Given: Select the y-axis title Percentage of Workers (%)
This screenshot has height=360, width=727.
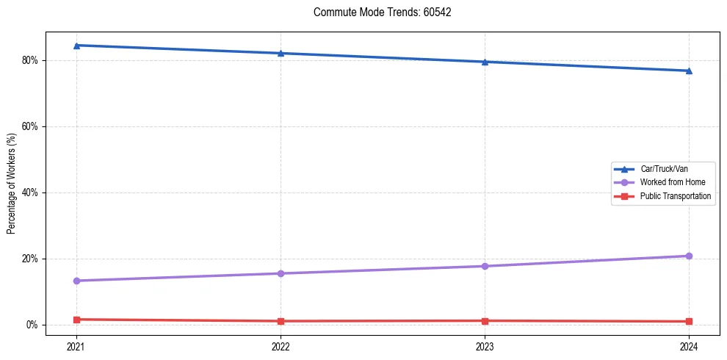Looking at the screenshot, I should [x=11, y=184].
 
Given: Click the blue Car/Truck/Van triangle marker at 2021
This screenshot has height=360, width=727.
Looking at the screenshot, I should [x=76, y=46].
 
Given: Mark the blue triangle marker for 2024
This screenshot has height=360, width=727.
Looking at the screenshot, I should [x=689, y=71].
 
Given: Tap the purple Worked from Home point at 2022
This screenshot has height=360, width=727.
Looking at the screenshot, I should [x=281, y=273].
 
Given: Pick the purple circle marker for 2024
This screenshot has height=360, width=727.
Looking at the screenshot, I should [x=689, y=256].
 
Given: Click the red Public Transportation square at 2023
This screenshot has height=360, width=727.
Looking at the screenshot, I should [x=485, y=321].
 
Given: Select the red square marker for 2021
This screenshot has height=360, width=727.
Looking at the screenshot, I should [x=76, y=320].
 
